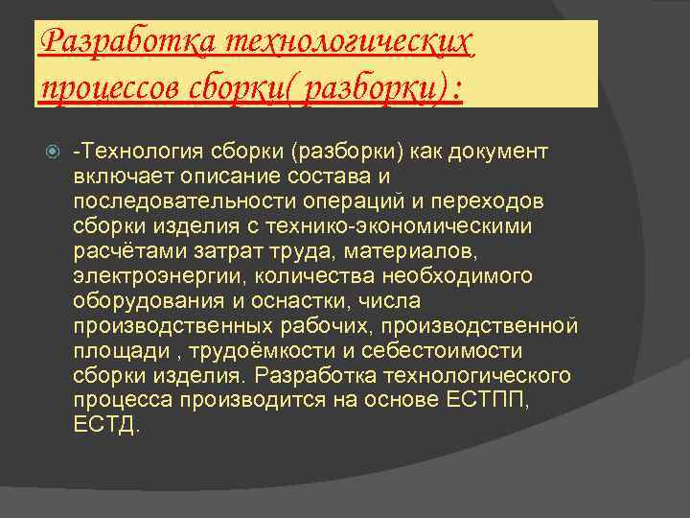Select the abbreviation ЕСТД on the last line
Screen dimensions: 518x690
[104, 423]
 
